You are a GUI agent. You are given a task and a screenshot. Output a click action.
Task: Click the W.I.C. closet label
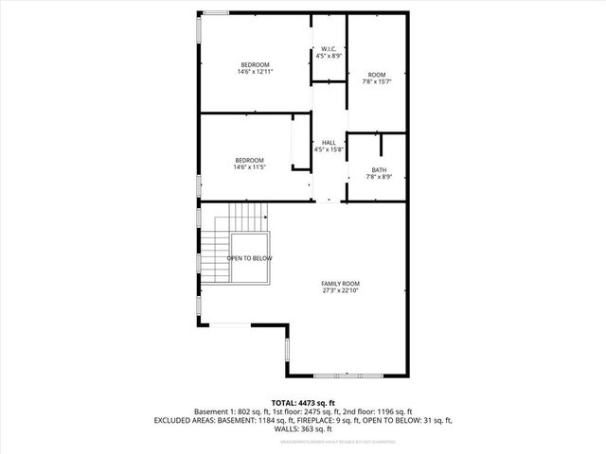pyautogui.click(x=329, y=49)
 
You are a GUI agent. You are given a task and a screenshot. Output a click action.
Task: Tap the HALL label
pyautogui.click(x=329, y=142)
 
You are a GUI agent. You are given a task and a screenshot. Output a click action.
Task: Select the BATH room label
pyautogui.click(x=378, y=169)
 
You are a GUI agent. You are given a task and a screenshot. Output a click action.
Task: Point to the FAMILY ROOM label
pyautogui.click(x=340, y=284)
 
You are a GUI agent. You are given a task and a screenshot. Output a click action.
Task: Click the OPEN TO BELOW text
pyautogui.click(x=249, y=258)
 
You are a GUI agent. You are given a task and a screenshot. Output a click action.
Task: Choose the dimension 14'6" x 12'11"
pyautogui.click(x=255, y=72)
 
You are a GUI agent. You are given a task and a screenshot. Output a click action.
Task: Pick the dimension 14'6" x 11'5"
pyautogui.click(x=249, y=167)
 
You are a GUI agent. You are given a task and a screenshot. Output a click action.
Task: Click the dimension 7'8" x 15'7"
pyautogui.click(x=377, y=82)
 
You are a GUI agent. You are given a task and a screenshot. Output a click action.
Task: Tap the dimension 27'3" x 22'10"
pyautogui.click(x=340, y=291)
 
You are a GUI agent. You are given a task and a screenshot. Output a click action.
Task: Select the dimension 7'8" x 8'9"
pyautogui.click(x=378, y=177)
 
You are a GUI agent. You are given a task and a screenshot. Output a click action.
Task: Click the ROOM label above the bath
pyautogui.click(x=377, y=75)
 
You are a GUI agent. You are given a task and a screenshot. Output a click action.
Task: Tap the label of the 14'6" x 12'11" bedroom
pyautogui.click(x=255, y=64)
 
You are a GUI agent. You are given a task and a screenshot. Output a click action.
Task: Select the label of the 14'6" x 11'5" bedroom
pyautogui.click(x=249, y=160)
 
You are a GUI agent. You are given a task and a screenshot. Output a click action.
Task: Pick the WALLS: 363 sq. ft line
pyautogui.click(x=303, y=428)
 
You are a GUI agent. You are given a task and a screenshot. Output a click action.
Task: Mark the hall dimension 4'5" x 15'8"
pyautogui.click(x=329, y=149)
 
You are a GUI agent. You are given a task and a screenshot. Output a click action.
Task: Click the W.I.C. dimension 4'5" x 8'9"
pyautogui.click(x=329, y=57)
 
